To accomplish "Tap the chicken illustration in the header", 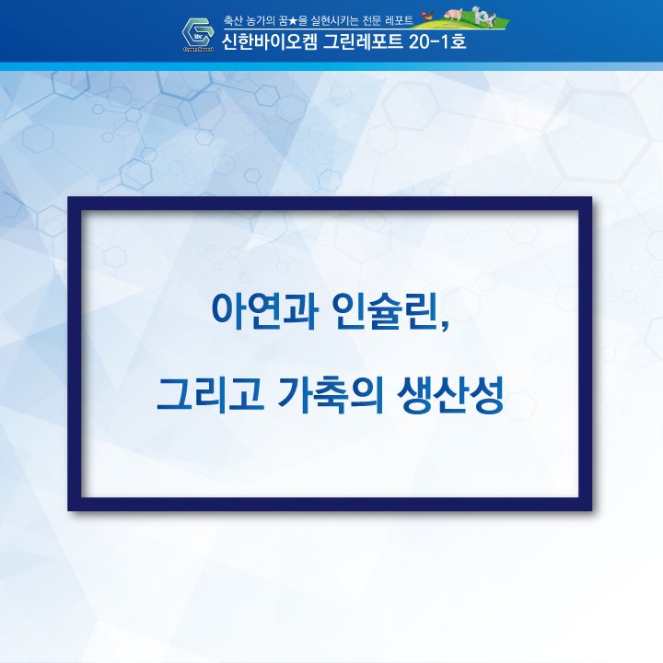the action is point(428,16).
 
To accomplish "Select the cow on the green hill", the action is point(483,16).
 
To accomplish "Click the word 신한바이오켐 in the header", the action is point(269,41).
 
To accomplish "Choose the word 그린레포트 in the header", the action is point(363,41).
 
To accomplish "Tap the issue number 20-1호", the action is point(437,41).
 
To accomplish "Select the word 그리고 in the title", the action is point(210,394).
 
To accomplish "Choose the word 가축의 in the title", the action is point(331,394).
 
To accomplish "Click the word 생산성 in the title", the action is point(450,394).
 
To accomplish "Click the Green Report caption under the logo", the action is point(198,49).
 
